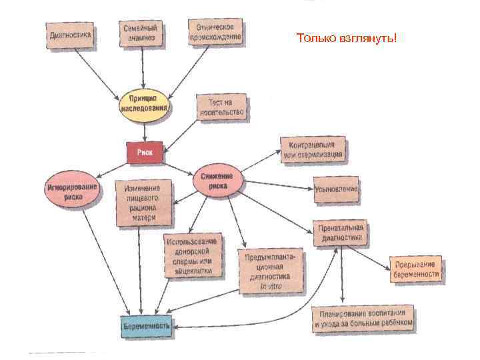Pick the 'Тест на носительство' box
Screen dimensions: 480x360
coord(222,107)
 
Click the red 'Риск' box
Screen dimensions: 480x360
coord(145,153)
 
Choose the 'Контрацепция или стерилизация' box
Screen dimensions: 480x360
coord(312,149)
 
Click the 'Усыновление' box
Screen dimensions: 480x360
coord(336,189)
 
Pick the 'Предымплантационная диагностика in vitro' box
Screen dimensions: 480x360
coord(271,271)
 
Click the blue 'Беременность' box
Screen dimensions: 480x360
coord(146,325)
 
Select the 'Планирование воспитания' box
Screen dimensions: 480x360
coord(363,319)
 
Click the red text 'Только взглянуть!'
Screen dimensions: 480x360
coord(346,38)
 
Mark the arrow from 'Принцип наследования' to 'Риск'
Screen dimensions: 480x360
coord(144,133)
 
